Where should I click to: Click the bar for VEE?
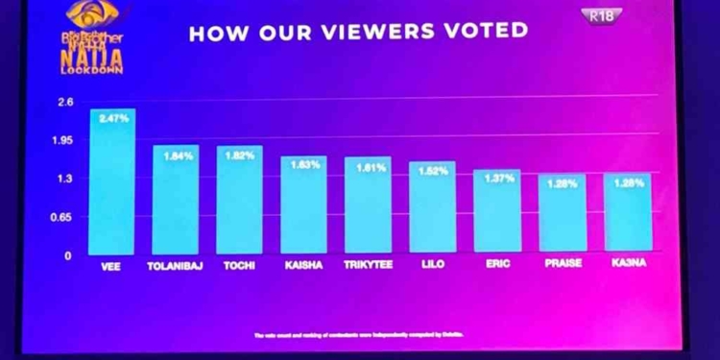pyautogui.click(x=112, y=182)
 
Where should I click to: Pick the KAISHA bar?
pyautogui.click(x=303, y=205)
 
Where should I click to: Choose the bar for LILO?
pyautogui.click(x=432, y=208)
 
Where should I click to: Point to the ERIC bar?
pyautogui.click(x=497, y=212)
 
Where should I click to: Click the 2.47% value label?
pyautogui.click(x=113, y=118)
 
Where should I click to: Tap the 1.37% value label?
pyautogui.click(x=499, y=179)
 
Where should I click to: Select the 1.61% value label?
pyautogui.click(x=371, y=167)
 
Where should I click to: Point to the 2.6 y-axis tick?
pyautogui.click(x=65, y=102)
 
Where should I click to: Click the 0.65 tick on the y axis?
pyautogui.click(x=61, y=217)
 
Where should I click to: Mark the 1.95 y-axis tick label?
pyautogui.click(x=62, y=140)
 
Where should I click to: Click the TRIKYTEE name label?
pyautogui.click(x=368, y=265)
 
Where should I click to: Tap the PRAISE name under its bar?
pyautogui.click(x=563, y=264)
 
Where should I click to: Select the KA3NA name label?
pyautogui.click(x=628, y=263)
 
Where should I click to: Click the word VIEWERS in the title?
pyautogui.click(x=378, y=31)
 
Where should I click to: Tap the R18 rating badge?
pyautogui.click(x=601, y=15)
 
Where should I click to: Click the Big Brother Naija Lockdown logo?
pyautogui.click(x=92, y=37)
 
